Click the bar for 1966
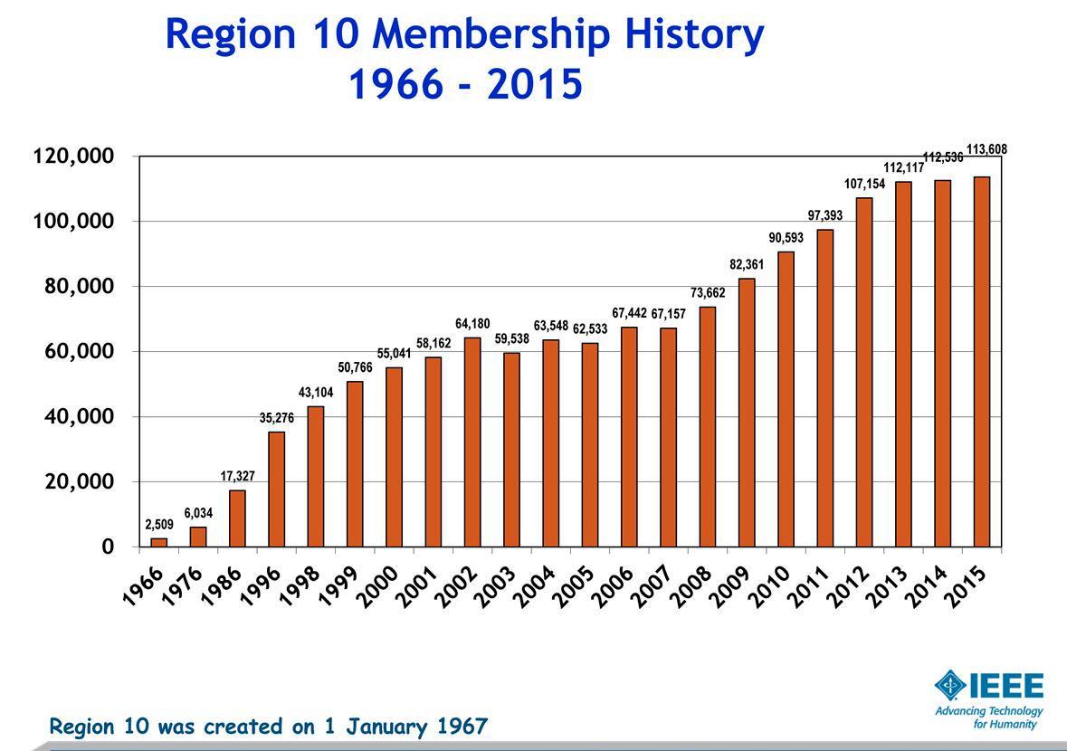pos(158,542)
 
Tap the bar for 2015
pos(981,362)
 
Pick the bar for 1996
pos(276,489)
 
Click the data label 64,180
pos(472,324)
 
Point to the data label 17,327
pos(237,476)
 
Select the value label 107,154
pos(864,185)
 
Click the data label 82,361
pos(747,265)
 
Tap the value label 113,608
pos(986,149)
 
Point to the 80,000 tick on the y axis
pos(80,287)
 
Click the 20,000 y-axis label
pos(80,481)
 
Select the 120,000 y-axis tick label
pos(74,157)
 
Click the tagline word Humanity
pos(1021,725)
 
